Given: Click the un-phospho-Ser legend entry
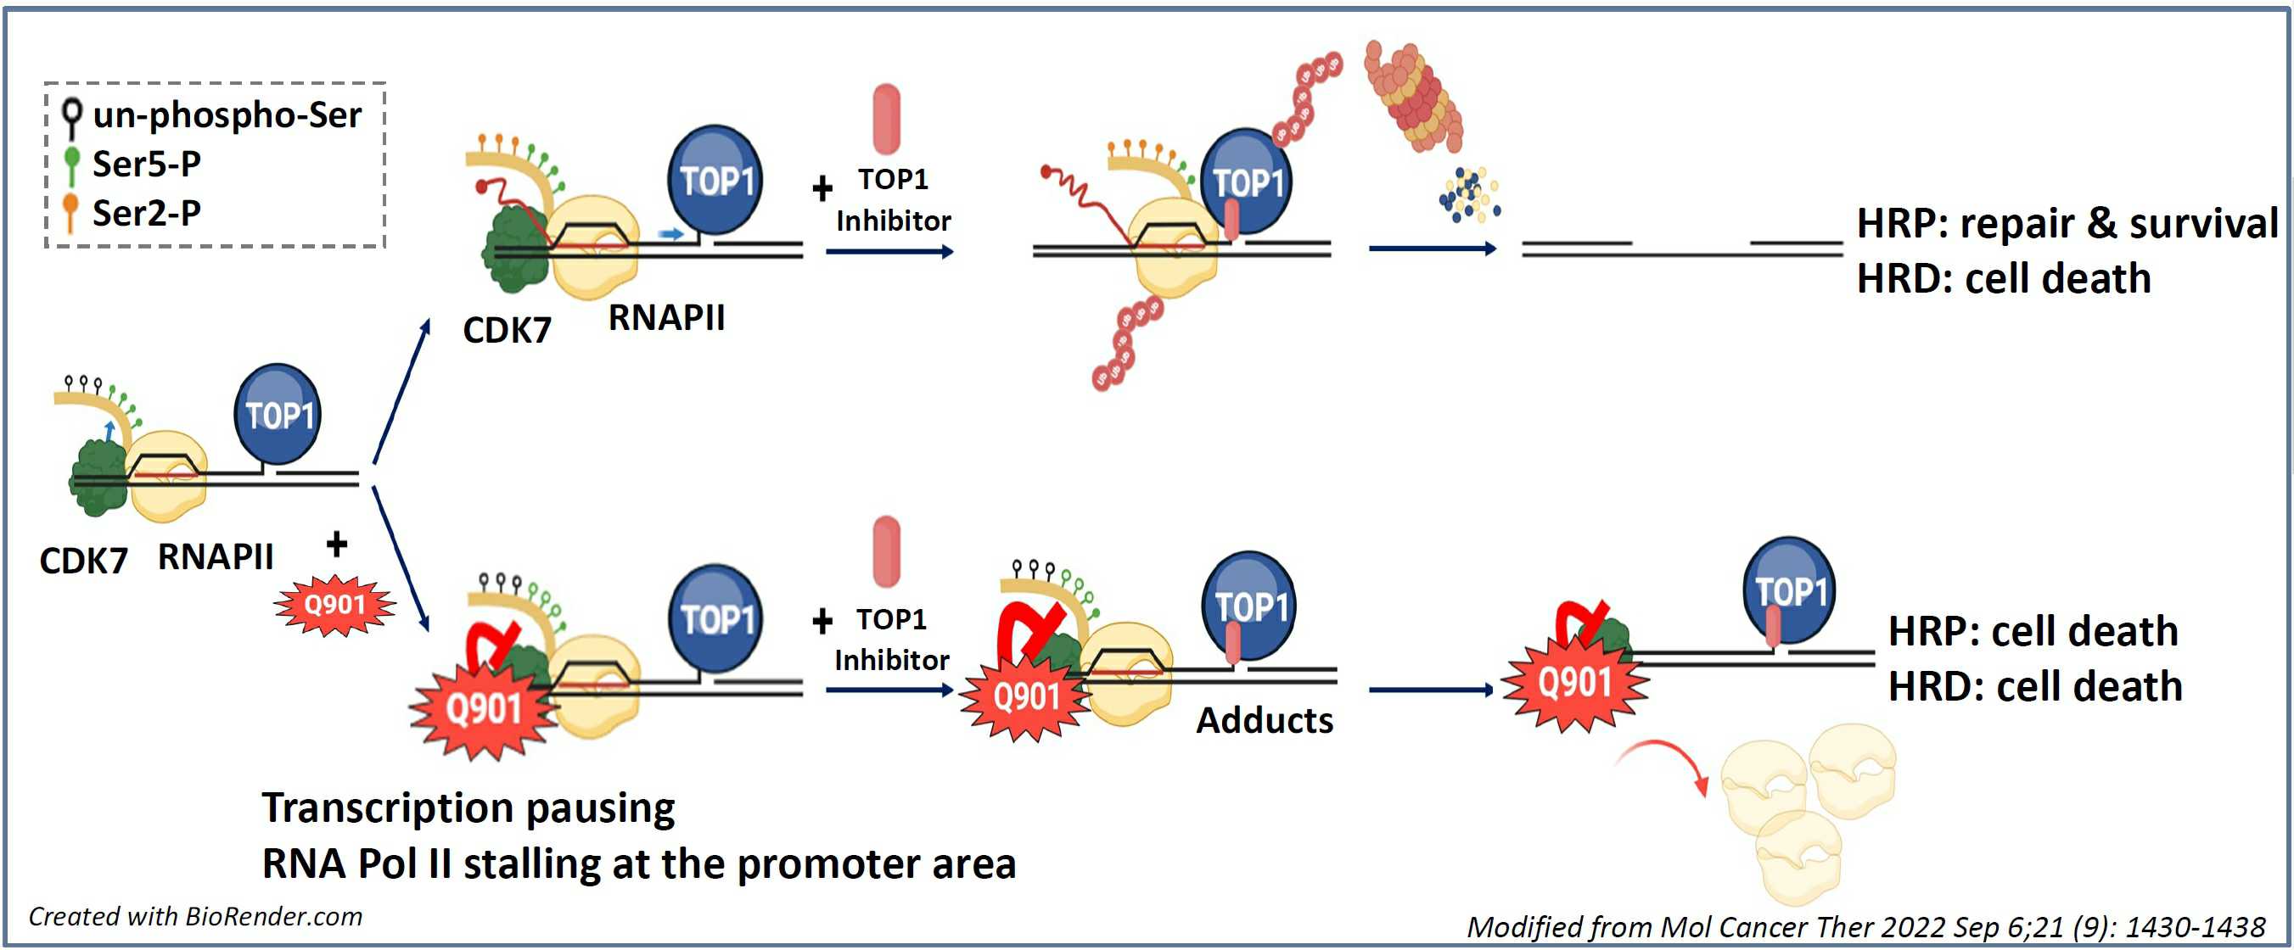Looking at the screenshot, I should point(214,115).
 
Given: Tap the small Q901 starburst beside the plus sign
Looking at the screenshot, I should point(335,606).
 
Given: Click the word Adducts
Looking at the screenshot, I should point(1264,720).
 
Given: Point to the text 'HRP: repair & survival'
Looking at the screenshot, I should point(2066,223).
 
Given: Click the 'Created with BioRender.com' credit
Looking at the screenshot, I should point(195,916).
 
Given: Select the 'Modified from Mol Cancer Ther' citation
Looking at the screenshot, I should point(1865,927).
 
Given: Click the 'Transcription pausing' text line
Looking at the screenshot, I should point(468,807).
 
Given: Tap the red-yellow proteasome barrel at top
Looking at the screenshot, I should point(1413,96).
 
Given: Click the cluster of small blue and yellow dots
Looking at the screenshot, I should point(1469,195).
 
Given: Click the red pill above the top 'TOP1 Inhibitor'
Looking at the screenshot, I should point(887,120).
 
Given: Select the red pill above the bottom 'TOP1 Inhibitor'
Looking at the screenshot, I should point(887,551).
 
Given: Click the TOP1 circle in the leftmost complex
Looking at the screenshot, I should point(278,414).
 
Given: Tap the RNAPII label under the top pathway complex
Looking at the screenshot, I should point(666,318).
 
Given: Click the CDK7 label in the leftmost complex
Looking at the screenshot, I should point(84,561).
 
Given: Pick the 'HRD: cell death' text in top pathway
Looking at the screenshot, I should point(2003,280).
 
